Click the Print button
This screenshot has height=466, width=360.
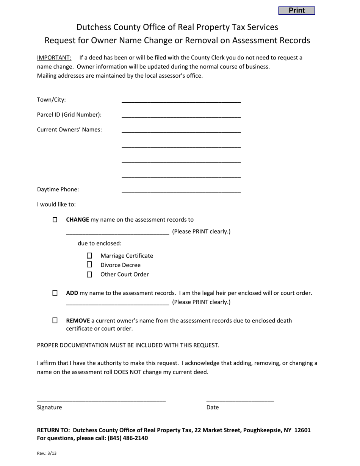pyautogui.click(x=296, y=11)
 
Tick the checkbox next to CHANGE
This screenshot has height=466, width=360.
pyautogui.click(x=55, y=220)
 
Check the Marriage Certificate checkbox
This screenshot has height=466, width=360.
pyautogui.click(x=89, y=256)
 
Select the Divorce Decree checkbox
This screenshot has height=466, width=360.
pyautogui.click(x=89, y=265)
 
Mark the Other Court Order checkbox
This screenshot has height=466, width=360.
pyautogui.click(x=89, y=274)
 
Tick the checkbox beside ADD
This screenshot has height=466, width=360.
pyautogui.click(x=55, y=293)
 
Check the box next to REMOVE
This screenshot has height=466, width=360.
pyautogui.click(x=55, y=321)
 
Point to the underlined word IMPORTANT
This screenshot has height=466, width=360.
pyautogui.click(x=54, y=58)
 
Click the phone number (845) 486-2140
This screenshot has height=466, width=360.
pyautogui.click(x=128, y=438)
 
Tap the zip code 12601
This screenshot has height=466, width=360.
pyautogui.click(x=302, y=430)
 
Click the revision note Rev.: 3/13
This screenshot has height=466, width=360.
pyautogui.click(x=47, y=453)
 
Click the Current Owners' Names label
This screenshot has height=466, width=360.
pyautogui.click(x=69, y=130)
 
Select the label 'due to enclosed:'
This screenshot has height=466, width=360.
pyautogui.click(x=100, y=243)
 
